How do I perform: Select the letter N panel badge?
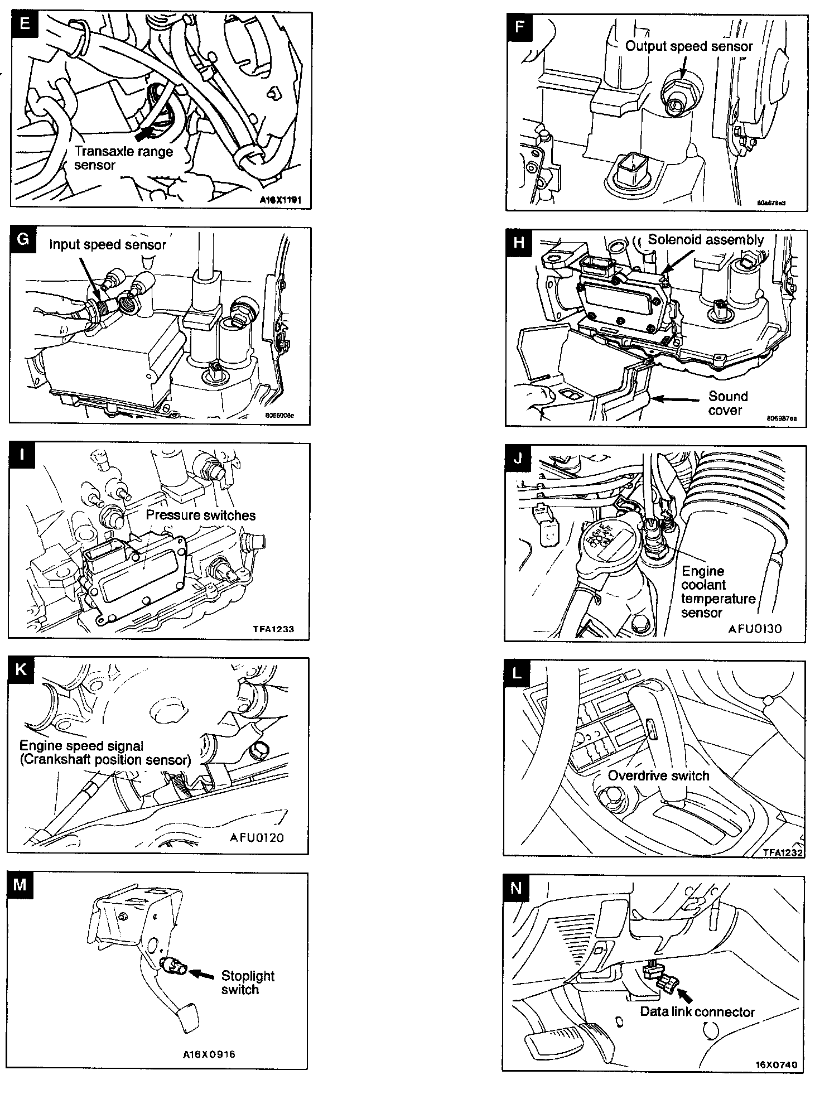[x=515, y=888]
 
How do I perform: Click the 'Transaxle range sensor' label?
[x=123, y=158]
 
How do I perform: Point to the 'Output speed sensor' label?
[x=689, y=46]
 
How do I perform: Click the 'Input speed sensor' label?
[x=108, y=244]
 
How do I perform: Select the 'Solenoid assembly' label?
[x=706, y=240]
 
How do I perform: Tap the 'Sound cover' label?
[x=727, y=403]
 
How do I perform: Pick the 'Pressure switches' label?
[x=201, y=515]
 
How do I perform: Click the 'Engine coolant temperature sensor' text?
[x=717, y=592]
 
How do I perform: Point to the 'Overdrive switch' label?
[x=658, y=776]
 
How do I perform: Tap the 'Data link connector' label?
[x=697, y=1012]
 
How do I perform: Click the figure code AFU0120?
[x=256, y=838]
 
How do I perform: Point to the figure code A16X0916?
[x=209, y=1054]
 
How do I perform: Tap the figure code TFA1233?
[x=273, y=629]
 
